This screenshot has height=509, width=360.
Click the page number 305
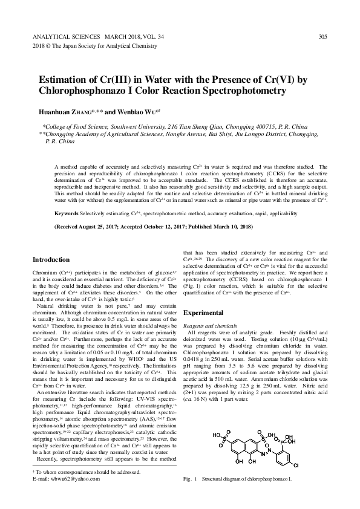coord(322,37)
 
